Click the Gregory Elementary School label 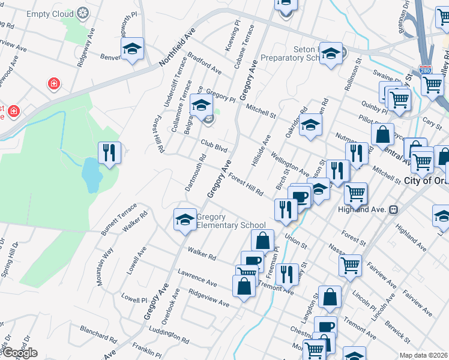pos(231,221)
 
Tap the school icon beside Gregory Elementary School pos(185,219)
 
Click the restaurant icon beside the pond pos(109,152)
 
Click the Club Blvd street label pos(214,145)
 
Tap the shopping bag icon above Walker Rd pos(262,241)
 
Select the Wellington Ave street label pos(290,164)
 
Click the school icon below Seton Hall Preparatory pos(310,125)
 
